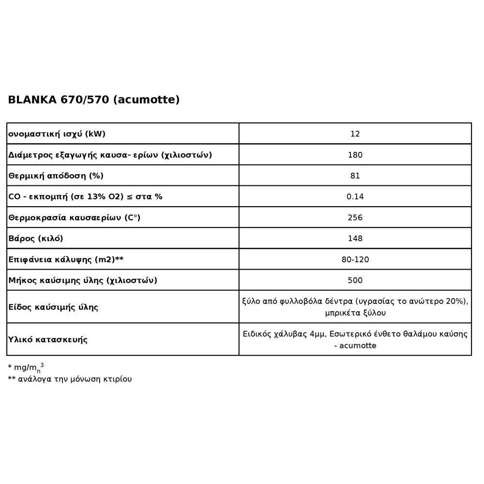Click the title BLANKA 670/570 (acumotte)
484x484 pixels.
94,100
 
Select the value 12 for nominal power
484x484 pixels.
355,134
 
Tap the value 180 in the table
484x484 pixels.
355,155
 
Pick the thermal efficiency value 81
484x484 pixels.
355,176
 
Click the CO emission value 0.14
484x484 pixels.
355,197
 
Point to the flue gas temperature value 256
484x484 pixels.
355,217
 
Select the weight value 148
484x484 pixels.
355,238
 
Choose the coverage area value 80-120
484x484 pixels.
355,259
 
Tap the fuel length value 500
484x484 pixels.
355,280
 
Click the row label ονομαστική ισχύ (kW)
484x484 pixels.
57,134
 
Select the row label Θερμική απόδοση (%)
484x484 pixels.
56,176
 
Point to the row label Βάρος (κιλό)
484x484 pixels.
36,239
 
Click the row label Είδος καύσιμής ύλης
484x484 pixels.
53,307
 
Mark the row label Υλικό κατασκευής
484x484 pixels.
48,339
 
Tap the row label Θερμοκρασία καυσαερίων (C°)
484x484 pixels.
74,218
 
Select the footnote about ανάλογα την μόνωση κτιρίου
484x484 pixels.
70,379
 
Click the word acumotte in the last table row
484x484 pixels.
358,345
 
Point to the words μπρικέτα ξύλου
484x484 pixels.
356,313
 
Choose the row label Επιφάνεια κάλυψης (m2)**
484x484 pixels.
66,259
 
